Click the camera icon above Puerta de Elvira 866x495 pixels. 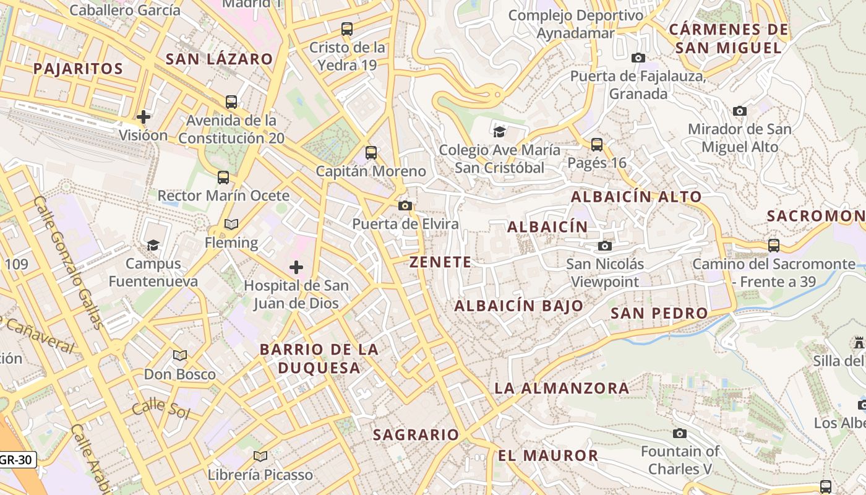coord(405,205)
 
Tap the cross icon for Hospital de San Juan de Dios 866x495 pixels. coord(296,267)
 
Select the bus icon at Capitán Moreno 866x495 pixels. coord(371,152)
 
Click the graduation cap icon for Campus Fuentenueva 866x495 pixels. coord(153,246)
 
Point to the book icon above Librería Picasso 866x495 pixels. coord(260,456)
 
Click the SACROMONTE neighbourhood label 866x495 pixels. coord(815,216)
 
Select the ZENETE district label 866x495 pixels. coord(440,262)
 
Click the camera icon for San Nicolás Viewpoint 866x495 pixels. coord(605,246)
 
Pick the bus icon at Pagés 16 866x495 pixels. coord(597,145)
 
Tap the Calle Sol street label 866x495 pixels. coord(160,408)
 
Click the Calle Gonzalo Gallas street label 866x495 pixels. coord(69,262)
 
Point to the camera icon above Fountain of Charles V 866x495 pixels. coord(680,433)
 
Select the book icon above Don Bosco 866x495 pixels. coord(180,356)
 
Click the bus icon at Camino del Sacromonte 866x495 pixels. coord(773,246)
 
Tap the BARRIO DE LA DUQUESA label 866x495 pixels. coord(319,358)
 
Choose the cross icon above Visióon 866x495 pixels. coord(144,117)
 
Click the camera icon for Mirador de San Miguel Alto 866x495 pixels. coord(739,111)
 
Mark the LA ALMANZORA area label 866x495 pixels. coord(562,389)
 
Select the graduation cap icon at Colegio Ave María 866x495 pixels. coord(499,131)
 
